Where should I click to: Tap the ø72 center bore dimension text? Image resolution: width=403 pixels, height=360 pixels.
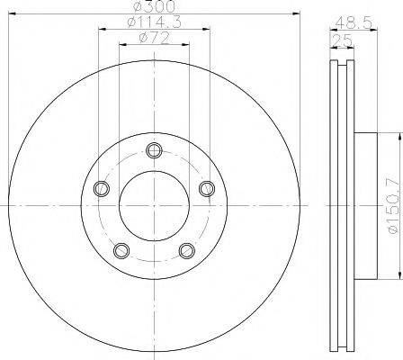pyautogui.click(x=154, y=38)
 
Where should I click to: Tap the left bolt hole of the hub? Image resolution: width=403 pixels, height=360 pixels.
pyautogui.click(x=101, y=188)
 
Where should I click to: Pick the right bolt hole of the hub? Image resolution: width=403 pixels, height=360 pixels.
pyautogui.click(x=207, y=188)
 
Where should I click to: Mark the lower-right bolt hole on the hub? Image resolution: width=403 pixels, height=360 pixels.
pyautogui.click(x=187, y=250)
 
